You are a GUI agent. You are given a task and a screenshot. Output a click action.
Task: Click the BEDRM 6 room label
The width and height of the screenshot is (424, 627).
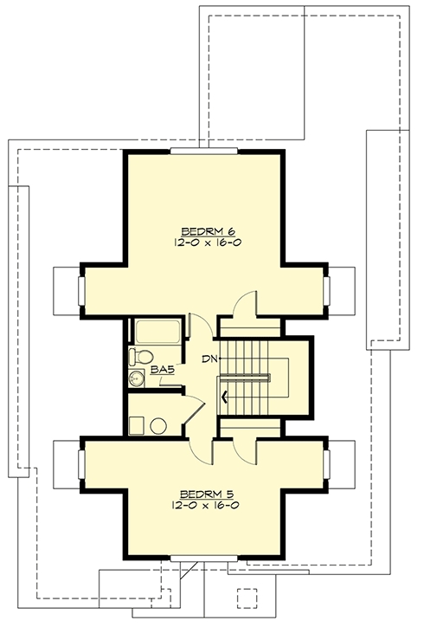[208, 231]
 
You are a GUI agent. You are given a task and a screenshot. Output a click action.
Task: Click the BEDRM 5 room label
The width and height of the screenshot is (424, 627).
[206, 494]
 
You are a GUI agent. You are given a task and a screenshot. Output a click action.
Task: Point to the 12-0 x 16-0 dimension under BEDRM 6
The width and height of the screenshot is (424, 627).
[208, 242]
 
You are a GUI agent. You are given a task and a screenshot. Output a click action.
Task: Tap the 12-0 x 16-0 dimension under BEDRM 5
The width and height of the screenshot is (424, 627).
[206, 505]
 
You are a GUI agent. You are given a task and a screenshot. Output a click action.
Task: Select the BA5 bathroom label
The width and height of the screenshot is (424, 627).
[163, 370]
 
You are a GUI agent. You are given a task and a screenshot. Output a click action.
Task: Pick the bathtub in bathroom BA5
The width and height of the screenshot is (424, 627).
[157, 332]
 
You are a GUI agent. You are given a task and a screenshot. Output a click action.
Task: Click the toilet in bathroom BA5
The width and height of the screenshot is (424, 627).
[141, 356]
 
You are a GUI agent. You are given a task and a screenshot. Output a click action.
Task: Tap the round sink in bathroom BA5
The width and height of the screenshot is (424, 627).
[137, 378]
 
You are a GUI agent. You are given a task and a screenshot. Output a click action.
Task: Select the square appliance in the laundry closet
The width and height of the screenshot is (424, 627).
[136, 425]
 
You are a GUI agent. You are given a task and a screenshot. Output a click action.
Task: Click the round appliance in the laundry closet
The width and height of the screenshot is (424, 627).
[158, 426]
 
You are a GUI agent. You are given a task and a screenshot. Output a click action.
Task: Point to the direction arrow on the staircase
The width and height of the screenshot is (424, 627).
[225, 397]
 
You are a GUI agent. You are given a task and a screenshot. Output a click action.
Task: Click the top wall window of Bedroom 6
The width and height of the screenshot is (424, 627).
[204, 152]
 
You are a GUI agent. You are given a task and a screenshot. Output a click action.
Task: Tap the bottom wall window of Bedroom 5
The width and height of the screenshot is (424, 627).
[204, 559]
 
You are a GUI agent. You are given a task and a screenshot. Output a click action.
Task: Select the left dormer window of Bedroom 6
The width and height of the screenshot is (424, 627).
[81, 291]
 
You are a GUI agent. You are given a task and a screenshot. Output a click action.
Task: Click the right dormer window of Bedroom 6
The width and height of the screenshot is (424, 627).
[326, 291]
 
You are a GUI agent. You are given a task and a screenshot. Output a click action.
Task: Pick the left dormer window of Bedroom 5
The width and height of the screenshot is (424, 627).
[81, 464]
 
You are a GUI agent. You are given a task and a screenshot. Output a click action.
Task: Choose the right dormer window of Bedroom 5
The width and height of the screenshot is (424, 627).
[326, 464]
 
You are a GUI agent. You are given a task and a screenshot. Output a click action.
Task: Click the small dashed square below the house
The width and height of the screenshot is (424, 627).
[246, 598]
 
